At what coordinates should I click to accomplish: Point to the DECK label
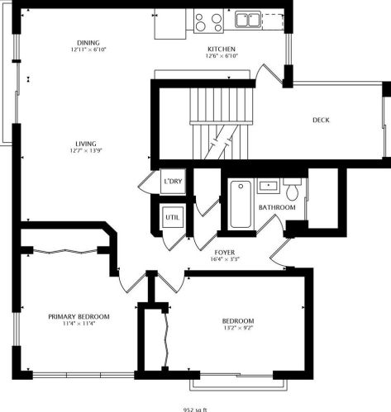321,120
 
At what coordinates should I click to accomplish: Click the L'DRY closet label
173,181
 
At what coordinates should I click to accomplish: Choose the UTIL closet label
172,218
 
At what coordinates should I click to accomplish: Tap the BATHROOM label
277,207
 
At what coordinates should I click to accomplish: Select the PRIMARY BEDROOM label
79,316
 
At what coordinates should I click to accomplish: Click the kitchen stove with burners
207,20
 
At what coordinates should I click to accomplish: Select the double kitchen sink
247,19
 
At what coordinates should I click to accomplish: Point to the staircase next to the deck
219,124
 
